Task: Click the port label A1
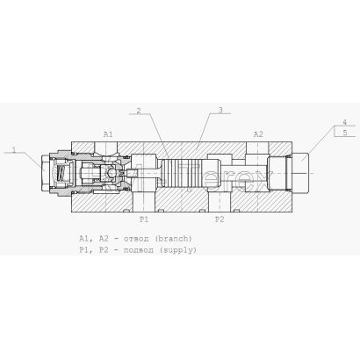(x=108, y=134)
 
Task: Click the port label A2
(x=258, y=134)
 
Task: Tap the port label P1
(x=144, y=220)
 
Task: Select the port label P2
(x=220, y=220)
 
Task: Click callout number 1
(x=14, y=149)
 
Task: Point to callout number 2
(x=139, y=111)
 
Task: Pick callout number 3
(x=220, y=110)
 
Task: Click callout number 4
(x=345, y=122)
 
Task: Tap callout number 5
(x=345, y=133)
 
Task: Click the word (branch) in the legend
(x=174, y=239)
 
